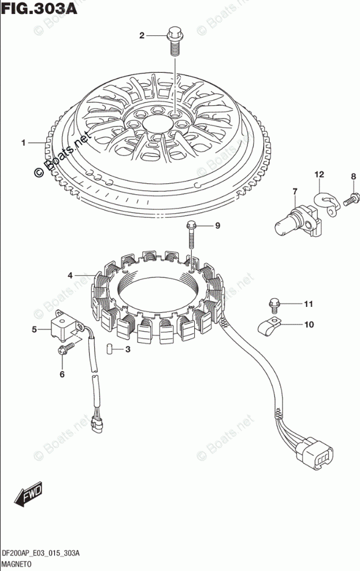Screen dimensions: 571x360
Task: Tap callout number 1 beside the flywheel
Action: pyautogui.click(x=24, y=143)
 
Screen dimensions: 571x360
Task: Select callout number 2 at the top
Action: pyautogui.click(x=142, y=36)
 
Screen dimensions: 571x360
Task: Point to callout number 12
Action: pyautogui.click(x=319, y=175)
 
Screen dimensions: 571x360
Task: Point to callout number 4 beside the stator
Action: pyautogui.click(x=70, y=275)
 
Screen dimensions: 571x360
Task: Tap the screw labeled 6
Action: pyautogui.click(x=65, y=348)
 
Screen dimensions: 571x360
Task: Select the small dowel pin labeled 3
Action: pyautogui.click(x=107, y=348)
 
